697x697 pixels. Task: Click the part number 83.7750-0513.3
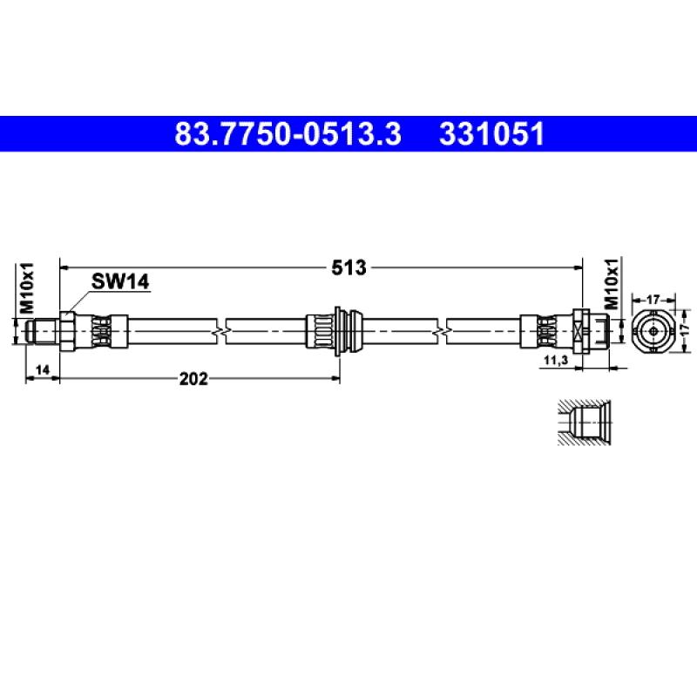[x=288, y=134]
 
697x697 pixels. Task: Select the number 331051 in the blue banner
[x=491, y=134]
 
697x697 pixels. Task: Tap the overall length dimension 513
[x=349, y=267]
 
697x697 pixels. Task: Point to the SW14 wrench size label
[x=120, y=281]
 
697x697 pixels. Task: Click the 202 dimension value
[x=193, y=379]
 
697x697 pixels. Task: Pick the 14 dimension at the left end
[x=42, y=369]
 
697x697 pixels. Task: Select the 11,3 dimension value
[x=556, y=360]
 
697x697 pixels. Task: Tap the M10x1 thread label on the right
[x=612, y=284]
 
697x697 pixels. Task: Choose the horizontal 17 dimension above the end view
[x=653, y=300]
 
